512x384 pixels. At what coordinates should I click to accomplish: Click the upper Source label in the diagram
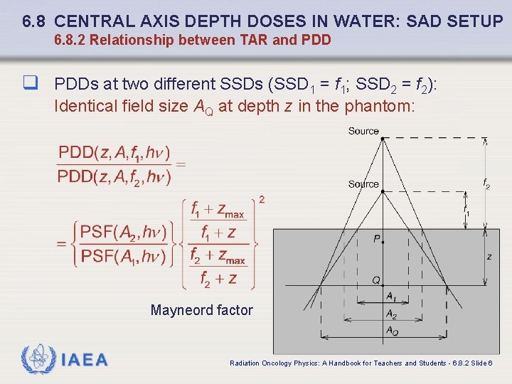363,131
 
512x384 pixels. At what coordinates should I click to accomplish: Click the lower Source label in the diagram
363,184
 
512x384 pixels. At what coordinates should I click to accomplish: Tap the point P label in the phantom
376,240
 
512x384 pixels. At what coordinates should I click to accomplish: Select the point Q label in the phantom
376,280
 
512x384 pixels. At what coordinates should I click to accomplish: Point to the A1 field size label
391,297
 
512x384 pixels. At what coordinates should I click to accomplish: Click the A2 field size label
391,314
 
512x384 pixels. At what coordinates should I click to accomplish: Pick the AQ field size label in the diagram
392,331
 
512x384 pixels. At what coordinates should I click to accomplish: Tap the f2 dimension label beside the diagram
486,184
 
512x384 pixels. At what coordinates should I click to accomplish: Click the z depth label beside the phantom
489,256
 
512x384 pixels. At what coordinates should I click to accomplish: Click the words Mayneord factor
201,310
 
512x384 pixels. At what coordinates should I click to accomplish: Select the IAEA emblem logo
37,359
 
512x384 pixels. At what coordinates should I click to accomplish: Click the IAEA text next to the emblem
85,360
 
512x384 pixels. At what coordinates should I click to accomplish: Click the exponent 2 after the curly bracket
262,200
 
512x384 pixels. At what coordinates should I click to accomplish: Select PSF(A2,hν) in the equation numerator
124,232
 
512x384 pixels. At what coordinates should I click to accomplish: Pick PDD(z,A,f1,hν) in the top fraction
114,153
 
